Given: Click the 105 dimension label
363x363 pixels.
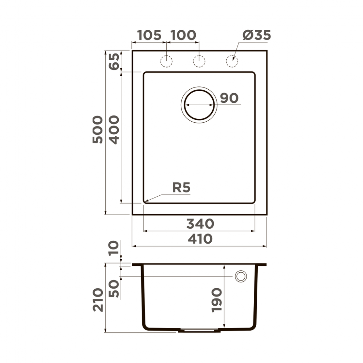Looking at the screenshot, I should [149, 35].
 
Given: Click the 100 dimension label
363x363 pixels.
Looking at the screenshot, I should [183, 35].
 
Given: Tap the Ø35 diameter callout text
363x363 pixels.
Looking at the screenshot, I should [257, 35].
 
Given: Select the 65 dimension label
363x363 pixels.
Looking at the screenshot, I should [114, 62].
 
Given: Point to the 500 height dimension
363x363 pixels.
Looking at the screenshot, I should [97, 130].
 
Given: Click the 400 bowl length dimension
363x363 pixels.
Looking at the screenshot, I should [114, 130].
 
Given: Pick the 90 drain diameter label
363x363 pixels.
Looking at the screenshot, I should [229, 98].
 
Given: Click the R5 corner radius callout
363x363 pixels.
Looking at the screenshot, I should [181, 188].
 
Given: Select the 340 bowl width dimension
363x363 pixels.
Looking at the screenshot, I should [200, 224].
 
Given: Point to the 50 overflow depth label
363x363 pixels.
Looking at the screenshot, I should [114, 289].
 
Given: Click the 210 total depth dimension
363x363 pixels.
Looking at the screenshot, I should [97, 299].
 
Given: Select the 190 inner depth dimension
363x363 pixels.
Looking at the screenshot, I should [216, 300].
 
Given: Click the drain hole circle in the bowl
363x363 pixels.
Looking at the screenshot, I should [199, 105].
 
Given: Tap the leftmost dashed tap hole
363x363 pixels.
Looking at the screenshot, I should [166, 61].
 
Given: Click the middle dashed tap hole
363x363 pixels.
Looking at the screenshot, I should [199, 61].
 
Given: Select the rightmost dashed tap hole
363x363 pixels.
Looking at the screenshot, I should [232, 61].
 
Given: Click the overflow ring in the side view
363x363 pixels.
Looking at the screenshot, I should [240, 276].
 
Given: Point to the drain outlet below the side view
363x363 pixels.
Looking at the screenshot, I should [199, 331].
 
